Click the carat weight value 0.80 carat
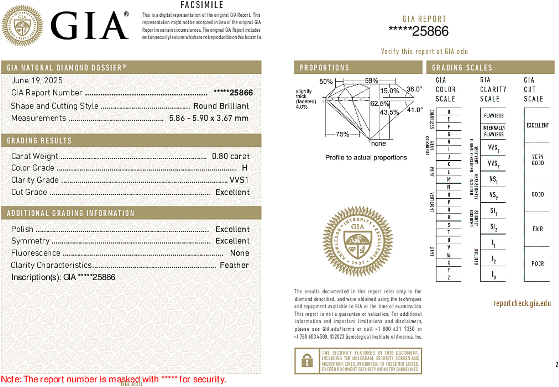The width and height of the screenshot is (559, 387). pos(231,156)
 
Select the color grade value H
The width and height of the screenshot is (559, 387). pos(245,168)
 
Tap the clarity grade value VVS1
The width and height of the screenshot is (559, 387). pos(239,180)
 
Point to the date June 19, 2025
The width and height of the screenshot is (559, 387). pos(37,80)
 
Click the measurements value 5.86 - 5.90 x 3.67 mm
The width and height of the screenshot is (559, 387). pos(209,118)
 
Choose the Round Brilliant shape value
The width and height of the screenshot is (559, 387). pos(221,106)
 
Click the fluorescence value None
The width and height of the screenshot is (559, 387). pos(240,253)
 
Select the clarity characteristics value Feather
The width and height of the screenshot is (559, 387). pos(234,265)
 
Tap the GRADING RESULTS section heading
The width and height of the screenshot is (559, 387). pos(39,141)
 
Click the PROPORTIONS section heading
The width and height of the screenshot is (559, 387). pos(324,68)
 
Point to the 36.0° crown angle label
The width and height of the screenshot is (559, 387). pos(414,89)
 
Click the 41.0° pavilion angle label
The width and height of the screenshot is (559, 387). pos(415,110)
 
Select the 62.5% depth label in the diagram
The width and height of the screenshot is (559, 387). pos(380,103)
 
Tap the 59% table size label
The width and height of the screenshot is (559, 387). pos(371,81)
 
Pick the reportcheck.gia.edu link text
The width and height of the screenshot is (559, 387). pos(522,303)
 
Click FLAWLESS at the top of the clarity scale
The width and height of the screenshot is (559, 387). pos(494,116)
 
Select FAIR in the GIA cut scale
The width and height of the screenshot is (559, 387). pos(538,229)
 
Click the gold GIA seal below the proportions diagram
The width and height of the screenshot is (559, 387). pos(358,241)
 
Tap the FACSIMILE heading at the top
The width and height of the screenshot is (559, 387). pos(202,5)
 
